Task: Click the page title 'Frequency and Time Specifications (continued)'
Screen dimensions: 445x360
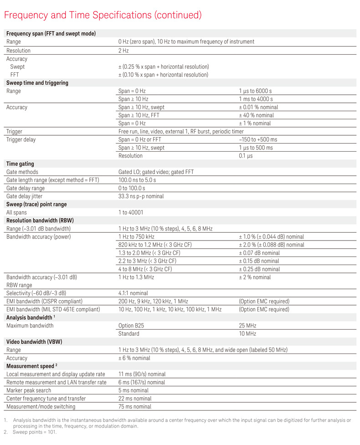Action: pos(103,15)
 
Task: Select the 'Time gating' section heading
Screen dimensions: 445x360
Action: pos(20,164)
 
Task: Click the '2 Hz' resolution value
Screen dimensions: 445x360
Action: pos(123,50)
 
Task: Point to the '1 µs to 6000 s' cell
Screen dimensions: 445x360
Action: pos(256,91)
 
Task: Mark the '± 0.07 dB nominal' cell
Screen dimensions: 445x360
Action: pos(259,253)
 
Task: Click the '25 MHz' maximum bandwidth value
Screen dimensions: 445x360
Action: pos(248,326)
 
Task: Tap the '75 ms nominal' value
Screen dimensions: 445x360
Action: pos(135,407)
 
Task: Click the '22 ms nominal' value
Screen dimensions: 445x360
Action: pos(135,399)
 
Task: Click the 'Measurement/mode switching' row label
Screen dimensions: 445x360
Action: pos(41,407)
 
